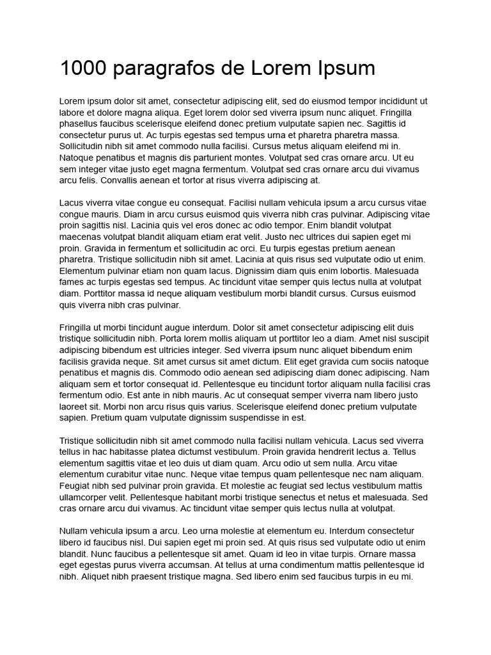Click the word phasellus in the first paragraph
81,124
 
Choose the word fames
72,282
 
